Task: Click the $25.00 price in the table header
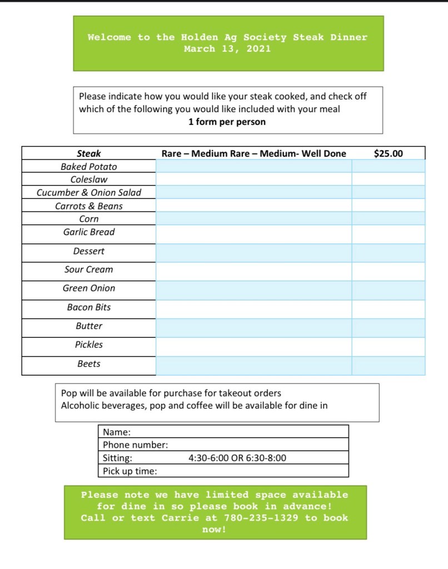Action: (x=388, y=153)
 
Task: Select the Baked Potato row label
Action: (x=89, y=167)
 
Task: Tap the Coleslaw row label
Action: (x=89, y=179)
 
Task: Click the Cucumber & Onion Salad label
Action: (x=89, y=193)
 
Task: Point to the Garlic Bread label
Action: (x=89, y=232)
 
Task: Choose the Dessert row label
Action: (x=89, y=251)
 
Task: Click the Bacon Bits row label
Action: (x=89, y=307)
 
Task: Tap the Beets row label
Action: (x=89, y=364)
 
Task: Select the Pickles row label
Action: (x=89, y=345)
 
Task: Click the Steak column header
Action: (x=89, y=153)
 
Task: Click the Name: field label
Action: (x=117, y=432)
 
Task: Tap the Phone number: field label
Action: (x=135, y=445)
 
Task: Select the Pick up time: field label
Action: (x=130, y=471)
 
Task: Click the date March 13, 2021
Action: (x=227, y=49)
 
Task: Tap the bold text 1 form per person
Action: (x=227, y=122)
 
